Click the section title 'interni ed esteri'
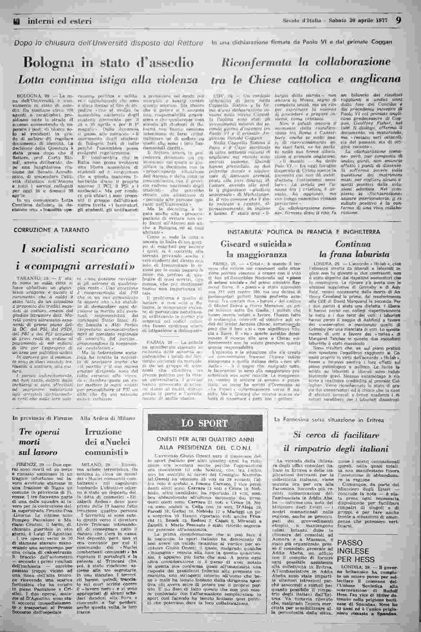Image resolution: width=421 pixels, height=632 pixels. tap(59, 21)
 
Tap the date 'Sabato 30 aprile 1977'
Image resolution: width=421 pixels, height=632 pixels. tap(360, 21)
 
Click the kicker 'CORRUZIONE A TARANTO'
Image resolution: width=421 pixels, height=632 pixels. tap(51, 229)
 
